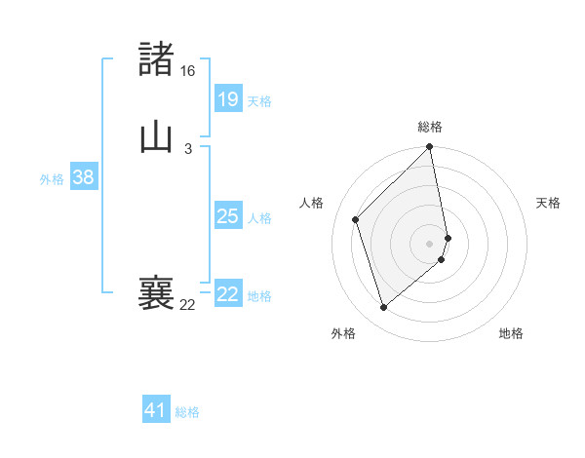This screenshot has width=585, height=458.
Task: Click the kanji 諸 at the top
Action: [157, 59]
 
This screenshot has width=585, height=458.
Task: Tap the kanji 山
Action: [157, 136]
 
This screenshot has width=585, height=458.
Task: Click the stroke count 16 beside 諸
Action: [187, 71]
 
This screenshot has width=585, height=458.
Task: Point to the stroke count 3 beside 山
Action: [187, 148]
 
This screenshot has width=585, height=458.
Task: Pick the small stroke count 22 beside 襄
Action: [187, 305]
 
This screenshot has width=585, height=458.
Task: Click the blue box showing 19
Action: [227, 98]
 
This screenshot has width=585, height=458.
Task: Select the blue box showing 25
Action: [227, 216]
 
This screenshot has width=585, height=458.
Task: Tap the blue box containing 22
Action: [227, 294]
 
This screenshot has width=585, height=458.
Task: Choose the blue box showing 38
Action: [83, 177]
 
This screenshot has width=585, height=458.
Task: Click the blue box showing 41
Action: [156, 410]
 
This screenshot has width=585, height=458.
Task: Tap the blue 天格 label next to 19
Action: [259, 100]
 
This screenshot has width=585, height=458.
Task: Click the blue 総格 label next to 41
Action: [187, 412]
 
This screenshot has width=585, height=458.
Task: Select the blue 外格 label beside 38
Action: [52, 179]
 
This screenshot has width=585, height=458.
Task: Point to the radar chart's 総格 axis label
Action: [430, 127]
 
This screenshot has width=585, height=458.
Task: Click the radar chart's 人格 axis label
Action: [312, 203]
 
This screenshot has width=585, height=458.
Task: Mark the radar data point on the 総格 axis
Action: [430, 148]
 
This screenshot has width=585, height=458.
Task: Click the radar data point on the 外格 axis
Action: [384, 308]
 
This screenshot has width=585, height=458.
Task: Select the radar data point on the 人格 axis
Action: [356, 219]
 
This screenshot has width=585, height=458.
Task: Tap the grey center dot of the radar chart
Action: [430, 243]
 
